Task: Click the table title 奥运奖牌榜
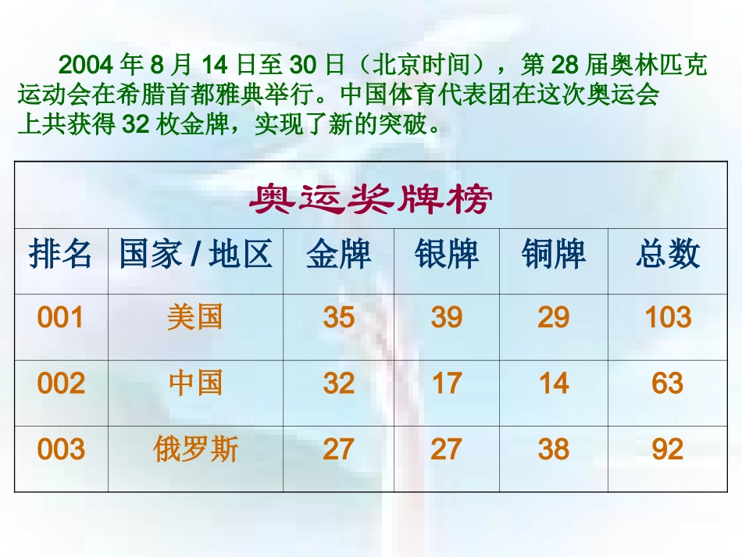click(x=370, y=201)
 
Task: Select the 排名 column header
click(x=60, y=255)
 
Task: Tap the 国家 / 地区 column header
click(x=195, y=255)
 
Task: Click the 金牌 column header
click(x=338, y=255)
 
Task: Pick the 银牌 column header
click(x=446, y=255)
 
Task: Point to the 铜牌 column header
click(x=554, y=255)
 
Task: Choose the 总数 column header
click(x=668, y=255)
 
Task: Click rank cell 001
click(x=60, y=318)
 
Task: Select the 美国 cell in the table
click(x=195, y=318)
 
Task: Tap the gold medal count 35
click(x=338, y=318)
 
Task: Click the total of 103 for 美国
click(x=668, y=318)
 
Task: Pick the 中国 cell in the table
click(x=195, y=384)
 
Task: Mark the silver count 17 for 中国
click(x=446, y=384)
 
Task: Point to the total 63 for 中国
click(x=668, y=384)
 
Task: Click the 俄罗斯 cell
click(x=195, y=449)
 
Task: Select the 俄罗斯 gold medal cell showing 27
click(x=338, y=449)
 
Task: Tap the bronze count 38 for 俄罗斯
click(x=554, y=449)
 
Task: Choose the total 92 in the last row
click(x=668, y=449)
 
